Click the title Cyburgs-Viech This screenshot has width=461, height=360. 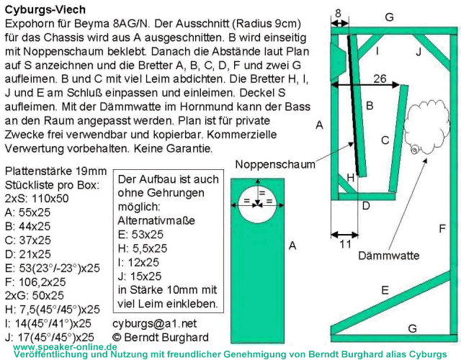(x=45, y=9)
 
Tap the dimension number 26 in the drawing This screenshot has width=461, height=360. (x=380, y=78)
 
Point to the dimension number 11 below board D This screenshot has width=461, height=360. (x=346, y=244)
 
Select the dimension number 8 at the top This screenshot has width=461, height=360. (x=338, y=13)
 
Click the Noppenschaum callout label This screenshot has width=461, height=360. (x=275, y=164)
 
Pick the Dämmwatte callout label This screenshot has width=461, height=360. (x=389, y=256)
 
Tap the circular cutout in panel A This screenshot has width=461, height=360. (x=257, y=204)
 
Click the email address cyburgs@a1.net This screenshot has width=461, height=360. (x=155, y=323)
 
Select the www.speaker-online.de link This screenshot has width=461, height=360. (x=65, y=347)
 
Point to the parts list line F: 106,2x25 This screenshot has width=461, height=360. (x=35, y=282)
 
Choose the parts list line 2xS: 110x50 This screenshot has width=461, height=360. (x=37, y=199)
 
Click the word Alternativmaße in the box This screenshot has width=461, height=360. (x=156, y=220)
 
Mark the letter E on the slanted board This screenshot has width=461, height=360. (x=385, y=290)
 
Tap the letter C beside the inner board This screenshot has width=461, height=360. (x=385, y=140)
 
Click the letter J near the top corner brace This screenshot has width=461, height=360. (x=419, y=52)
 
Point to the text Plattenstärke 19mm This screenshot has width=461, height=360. (x=56, y=171)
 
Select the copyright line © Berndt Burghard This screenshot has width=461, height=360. (x=161, y=338)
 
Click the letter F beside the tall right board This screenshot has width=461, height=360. (x=442, y=228)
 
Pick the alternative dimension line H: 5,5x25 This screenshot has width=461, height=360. (x=143, y=248)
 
